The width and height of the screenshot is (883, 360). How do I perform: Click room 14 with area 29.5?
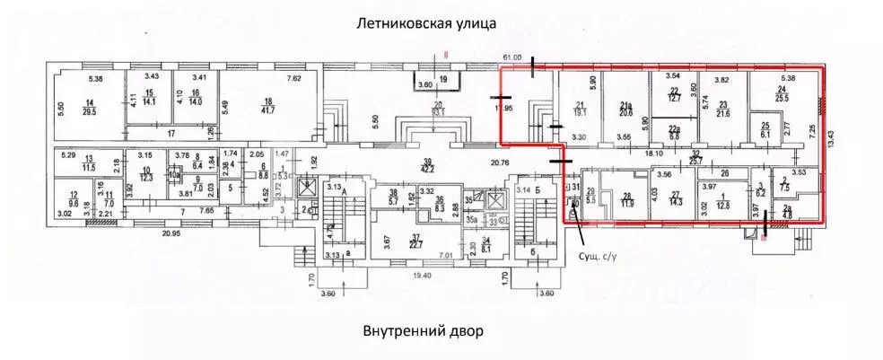89,106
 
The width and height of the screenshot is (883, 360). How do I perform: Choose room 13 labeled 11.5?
88,162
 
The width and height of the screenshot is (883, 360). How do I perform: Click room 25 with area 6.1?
765,129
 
